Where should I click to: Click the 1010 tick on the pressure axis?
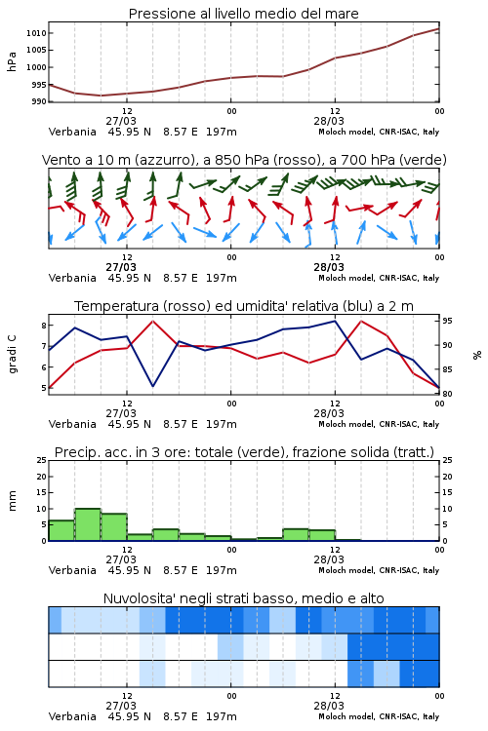click(36, 33)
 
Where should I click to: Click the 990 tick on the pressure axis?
click(39, 101)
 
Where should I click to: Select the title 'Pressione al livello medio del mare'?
click(244, 14)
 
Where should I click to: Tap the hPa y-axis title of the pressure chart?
click(12, 61)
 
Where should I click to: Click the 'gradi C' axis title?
click(13, 354)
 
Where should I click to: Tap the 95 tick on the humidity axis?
click(447, 321)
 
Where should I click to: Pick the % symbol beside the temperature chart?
click(477, 355)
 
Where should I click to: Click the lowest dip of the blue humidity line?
click(152, 386)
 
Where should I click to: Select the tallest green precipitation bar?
click(88, 524)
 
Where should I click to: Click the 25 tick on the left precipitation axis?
click(42, 460)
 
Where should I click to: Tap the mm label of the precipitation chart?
click(12, 501)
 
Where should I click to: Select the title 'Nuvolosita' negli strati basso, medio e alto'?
click(244, 598)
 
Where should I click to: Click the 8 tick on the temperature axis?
click(44, 326)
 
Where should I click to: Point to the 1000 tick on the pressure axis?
click(36, 67)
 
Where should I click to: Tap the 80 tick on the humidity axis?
click(447, 394)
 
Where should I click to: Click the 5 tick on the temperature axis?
click(44, 388)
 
